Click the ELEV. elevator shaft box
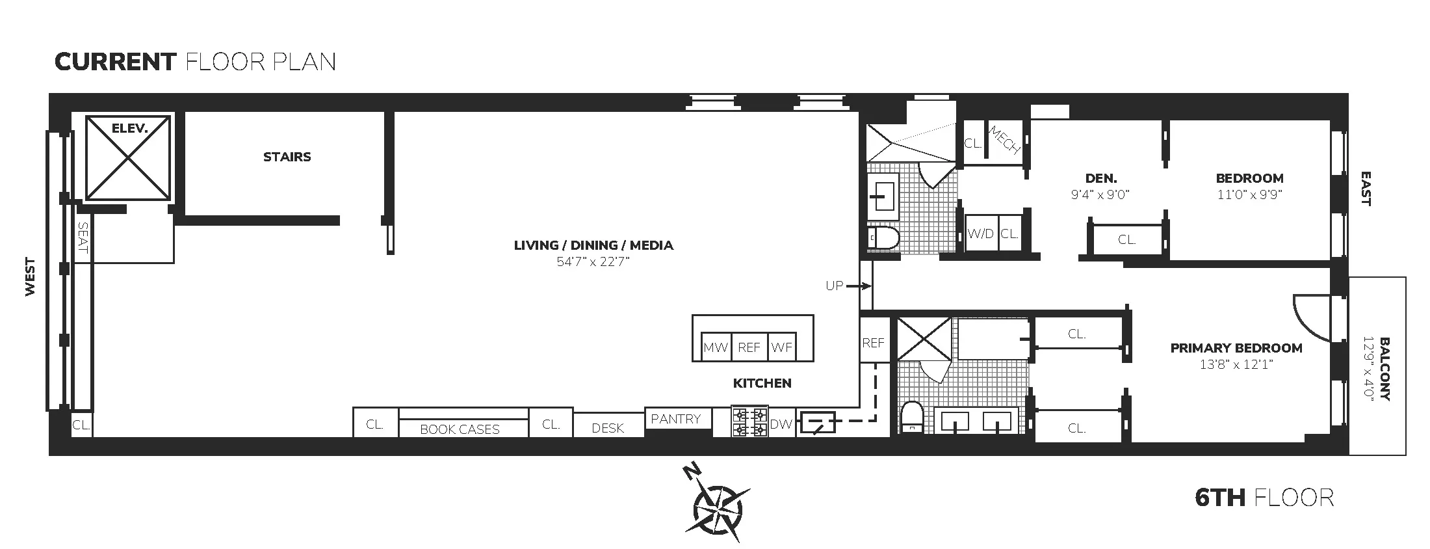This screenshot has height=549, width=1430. pyautogui.click(x=128, y=158)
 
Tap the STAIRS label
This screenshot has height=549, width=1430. pyautogui.click(x=287, y=157)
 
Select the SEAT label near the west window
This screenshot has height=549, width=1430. pyautogui.click(x=83, y=237)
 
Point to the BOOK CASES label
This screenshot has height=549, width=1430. pyautogui.click(x=460, y=429)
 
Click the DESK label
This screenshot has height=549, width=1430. pyautogui.click(x=608, y=428)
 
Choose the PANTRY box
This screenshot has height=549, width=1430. pyautogui.click(x=676, y=419)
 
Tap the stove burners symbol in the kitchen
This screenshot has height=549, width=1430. pyautogui.click(x=749, y=422)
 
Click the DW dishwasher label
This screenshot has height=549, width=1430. pyautogui.click(x=781, y=424)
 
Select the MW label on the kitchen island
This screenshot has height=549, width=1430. pyautogui.click(x=716, y=348)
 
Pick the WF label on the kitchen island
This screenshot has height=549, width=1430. pyautogui.click(x=781, y=348)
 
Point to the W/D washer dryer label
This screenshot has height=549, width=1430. pyautogui.click(x=980, y=234)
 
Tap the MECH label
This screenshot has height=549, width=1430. pyautogui.click(x=1004, y=141)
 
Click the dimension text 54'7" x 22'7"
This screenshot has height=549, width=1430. pyautogui.click(x=593, y=262)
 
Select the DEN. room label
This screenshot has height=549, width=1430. pyautogui.click(x=1101, y=178)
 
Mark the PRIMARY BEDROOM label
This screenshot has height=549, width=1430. pyautogui.click(x=1236, y=348)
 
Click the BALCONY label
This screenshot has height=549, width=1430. pyautogui.click(x=1384, y=369)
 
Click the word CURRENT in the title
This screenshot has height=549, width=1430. pyautogui.click(x=116, y=62)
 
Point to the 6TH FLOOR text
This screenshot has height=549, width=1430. pyautogui.click(x=1264, y=498)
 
